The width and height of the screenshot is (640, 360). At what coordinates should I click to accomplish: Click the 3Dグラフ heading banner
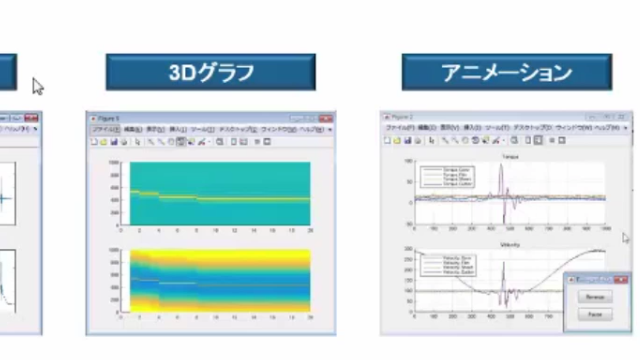211,72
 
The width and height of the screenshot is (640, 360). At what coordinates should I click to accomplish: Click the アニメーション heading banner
507,72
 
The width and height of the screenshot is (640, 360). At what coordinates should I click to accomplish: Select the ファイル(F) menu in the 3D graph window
104,130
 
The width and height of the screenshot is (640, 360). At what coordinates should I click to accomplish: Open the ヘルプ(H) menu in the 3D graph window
311,130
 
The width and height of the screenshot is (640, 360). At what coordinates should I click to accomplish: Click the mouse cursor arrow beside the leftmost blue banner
37,86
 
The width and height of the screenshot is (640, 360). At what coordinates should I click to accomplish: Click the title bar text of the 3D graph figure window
109,118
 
